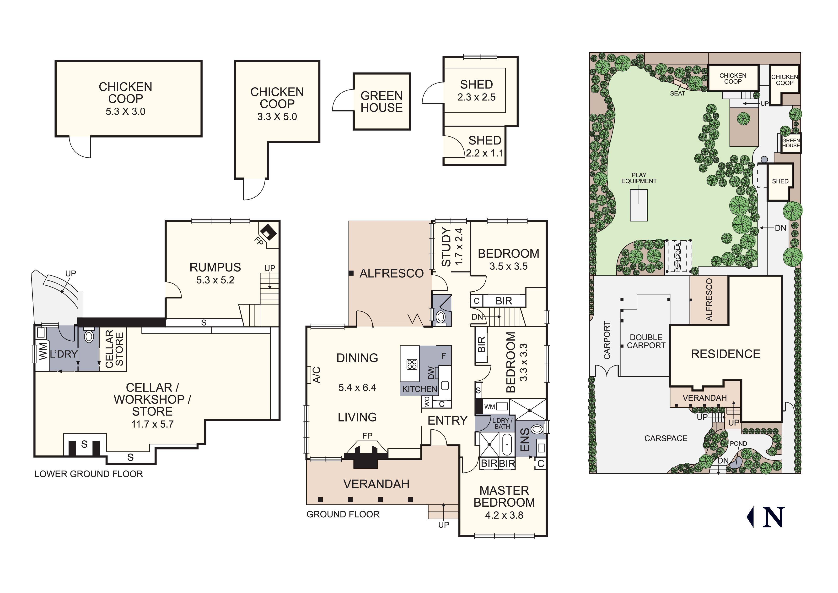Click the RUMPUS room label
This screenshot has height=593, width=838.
[215, 267]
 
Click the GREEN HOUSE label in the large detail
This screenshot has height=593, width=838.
[381, 102]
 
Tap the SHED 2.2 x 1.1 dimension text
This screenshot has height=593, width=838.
[485, 153]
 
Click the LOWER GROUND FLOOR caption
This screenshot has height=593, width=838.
[89, 474]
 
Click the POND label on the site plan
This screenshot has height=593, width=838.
[738, 443]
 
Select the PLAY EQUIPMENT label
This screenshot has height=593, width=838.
[639, 178]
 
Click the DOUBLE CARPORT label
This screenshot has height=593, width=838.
[646, 341]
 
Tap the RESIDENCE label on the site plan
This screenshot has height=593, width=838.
[725, 354]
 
